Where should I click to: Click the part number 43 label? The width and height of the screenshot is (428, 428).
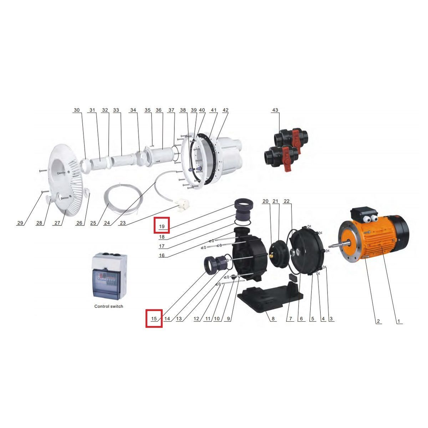coord(275,110)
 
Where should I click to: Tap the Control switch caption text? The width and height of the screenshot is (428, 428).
coord(109,306)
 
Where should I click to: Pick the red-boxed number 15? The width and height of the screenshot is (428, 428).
coord(154,319)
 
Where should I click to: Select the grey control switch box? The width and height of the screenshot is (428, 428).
coord(109,277)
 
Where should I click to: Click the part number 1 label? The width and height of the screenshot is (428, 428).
coord(398,321)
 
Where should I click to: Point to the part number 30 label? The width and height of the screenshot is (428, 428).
coord(77,110)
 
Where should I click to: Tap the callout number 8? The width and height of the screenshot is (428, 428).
coord(273,319)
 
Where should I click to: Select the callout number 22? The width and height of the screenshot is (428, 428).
coord(286,201)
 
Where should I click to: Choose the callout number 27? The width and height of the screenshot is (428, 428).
coord(57,223)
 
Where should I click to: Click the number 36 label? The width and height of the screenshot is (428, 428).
coord(158,110)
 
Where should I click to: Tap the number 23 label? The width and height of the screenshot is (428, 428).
coord(123,223)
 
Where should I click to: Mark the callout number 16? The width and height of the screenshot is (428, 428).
coord(162,255)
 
